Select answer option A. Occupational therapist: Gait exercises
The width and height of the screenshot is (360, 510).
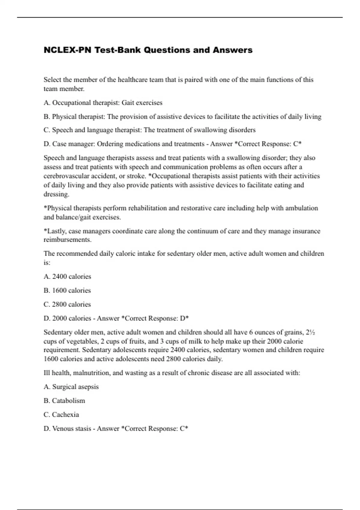pos(103,103)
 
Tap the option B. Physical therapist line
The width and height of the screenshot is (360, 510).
pos(182,116)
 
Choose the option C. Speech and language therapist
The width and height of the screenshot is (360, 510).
pos(149,130)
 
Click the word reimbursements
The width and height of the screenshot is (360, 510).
pos(67,240)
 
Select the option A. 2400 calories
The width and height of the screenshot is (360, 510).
pos(67,276)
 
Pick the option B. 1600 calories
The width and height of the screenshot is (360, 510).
pos(67,290)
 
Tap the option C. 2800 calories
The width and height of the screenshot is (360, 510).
pos(67,304)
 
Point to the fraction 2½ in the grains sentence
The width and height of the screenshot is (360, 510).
pos(310,332)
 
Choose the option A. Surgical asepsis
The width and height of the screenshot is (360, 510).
pos(71,387)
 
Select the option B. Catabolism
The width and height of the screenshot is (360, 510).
pos(64,400)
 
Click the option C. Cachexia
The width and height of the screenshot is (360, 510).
pos(61,414)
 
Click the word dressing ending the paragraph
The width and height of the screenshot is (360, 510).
pos(56,194)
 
